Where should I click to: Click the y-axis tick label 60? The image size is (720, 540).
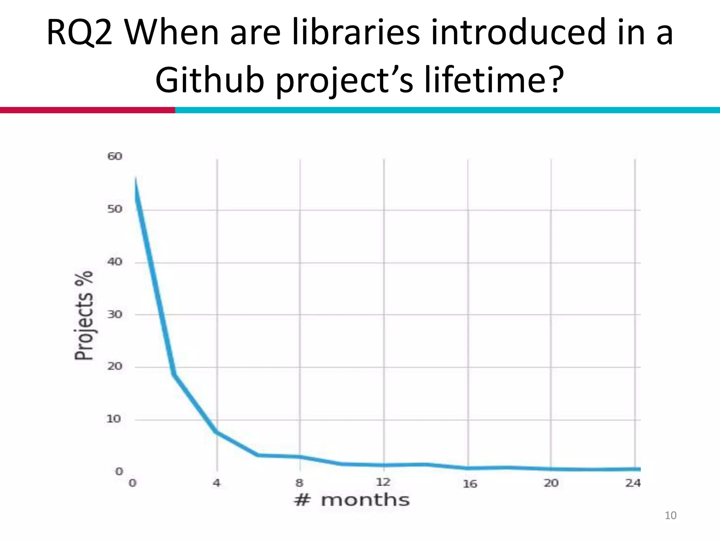115,156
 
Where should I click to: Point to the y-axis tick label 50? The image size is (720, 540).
115,209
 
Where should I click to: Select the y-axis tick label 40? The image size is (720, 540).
115,262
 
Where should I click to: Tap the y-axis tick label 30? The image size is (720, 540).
115,314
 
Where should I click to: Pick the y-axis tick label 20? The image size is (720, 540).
115,366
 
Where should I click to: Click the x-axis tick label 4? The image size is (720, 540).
217,483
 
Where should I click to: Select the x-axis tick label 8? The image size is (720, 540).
300,483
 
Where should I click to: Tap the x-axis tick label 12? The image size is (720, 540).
383,482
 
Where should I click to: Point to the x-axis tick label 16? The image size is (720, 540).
470,484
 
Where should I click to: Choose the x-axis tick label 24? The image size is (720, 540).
633,483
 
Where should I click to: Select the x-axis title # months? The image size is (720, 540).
352,500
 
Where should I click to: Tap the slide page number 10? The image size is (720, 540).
670,515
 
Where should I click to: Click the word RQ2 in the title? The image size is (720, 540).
79,33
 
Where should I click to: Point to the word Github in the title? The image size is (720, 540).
210,80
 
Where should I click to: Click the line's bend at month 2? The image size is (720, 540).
174,375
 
